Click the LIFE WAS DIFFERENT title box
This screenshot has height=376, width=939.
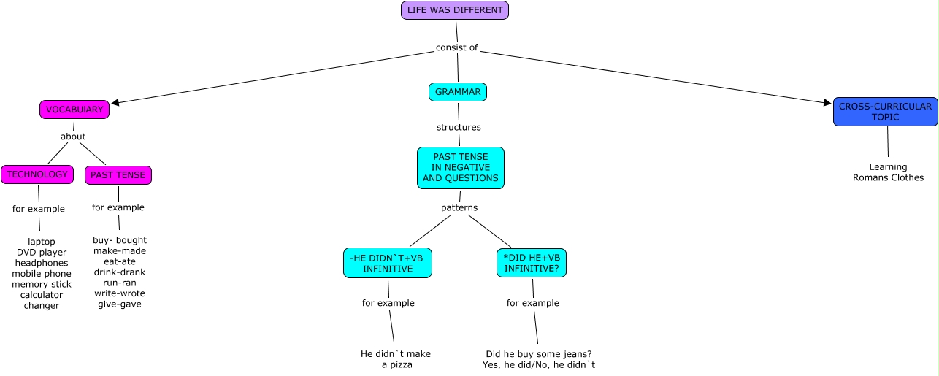pos(454,10)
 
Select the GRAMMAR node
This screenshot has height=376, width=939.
pos(458,92)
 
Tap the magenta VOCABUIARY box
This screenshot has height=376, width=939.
pos(74,110)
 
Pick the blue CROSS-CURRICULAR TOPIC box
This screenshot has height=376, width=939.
pos(885,112)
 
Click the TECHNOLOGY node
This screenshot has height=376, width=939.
pos(37,174)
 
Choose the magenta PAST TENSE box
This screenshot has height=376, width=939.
pos(118,175)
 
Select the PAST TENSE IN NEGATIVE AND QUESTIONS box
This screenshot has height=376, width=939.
pos(461,168)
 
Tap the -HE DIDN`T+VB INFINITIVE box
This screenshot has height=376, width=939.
pos(388,263)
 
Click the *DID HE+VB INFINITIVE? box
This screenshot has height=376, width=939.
pos(532,263)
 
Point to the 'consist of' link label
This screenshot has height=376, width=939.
pos(456,48)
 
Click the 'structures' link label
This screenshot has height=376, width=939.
pos(459,127)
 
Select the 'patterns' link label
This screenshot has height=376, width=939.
pos(459,208)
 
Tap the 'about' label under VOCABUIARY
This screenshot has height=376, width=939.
pos(73,137)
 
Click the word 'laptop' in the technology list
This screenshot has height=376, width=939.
pos(42,242)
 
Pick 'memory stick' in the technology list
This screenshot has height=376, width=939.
pos(42,284)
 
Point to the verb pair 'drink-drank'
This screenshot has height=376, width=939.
pos(120,272)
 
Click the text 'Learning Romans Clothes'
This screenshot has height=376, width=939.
pos(888,172)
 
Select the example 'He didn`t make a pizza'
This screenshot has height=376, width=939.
pos(396,359)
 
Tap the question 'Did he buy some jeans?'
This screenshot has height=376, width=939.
pos(539,354)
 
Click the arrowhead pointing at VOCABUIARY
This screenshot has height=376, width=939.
pos(115,103)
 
